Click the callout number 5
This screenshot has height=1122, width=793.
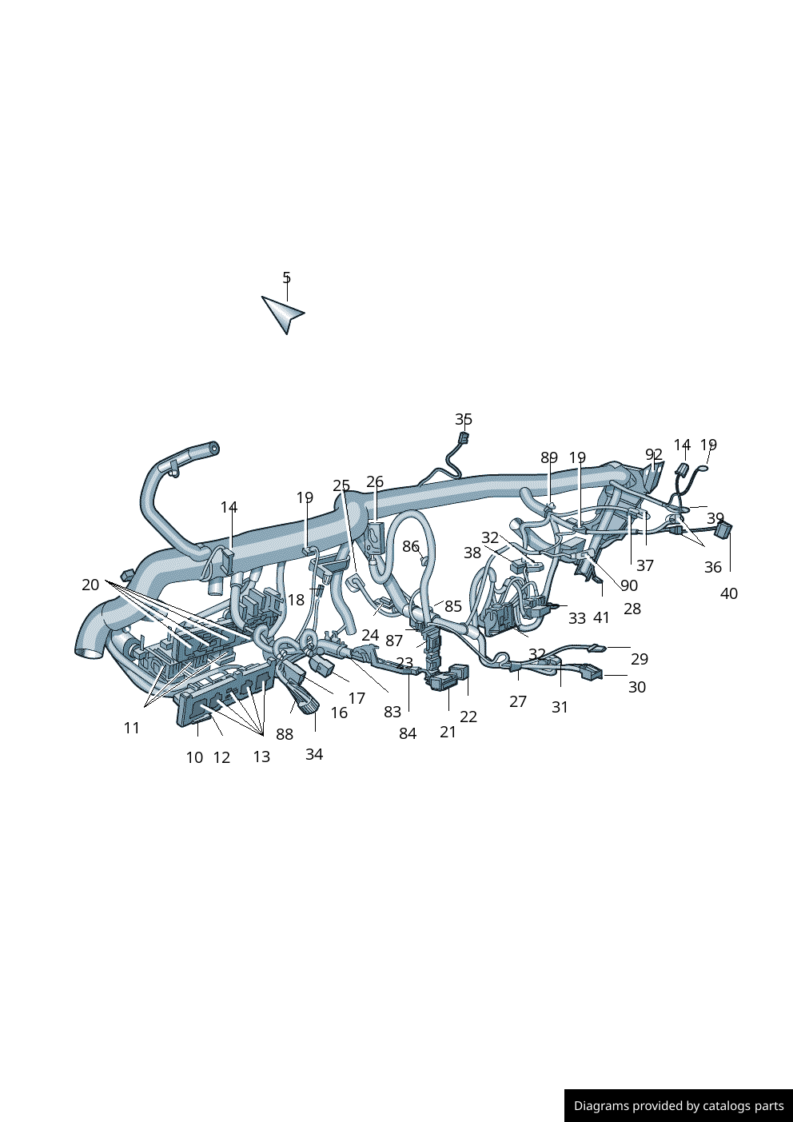coord(286,277)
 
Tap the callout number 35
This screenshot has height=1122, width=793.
coord(464,419)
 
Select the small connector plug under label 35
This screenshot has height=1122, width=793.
coord(464,437)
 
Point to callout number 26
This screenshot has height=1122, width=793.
coord(374,481)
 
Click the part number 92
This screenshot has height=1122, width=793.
coord(654,454)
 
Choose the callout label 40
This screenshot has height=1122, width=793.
coord(729,593)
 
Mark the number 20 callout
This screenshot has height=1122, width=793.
coord(90,585)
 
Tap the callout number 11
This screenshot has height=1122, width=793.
coord(132,728)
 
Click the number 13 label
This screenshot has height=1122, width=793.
coord(261,757)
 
